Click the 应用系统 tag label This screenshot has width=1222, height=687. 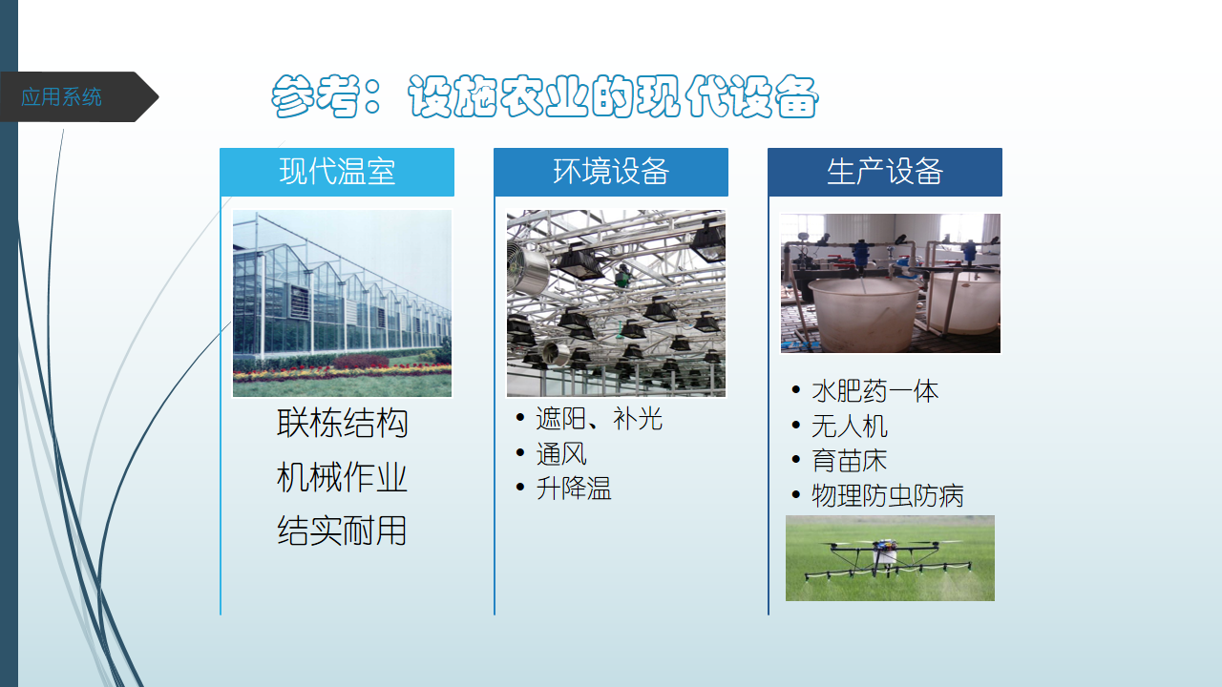pos(61,97)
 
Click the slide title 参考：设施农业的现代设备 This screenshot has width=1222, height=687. pos(544,96)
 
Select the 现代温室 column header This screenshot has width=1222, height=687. pos(337,172)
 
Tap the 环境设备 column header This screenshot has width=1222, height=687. pos(611,172)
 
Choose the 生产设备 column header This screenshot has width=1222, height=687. pos(885,172)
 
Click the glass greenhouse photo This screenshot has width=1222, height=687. pos(342,303)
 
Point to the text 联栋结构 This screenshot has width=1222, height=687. pos(342,423)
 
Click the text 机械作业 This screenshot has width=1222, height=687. pos(342,477)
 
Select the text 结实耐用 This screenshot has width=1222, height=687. pos(342,531)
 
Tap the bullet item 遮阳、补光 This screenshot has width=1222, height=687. pos(599,419)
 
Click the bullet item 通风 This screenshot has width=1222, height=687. pos(561,453)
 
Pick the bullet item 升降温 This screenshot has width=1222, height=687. pos(574,488)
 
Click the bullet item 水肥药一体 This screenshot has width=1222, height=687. pos(875,391)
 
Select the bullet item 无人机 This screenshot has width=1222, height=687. pos(850,426)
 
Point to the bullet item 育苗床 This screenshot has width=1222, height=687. pos(850,461)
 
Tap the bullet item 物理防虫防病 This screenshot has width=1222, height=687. pos(888,495)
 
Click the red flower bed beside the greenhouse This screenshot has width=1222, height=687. pos(361,362)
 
